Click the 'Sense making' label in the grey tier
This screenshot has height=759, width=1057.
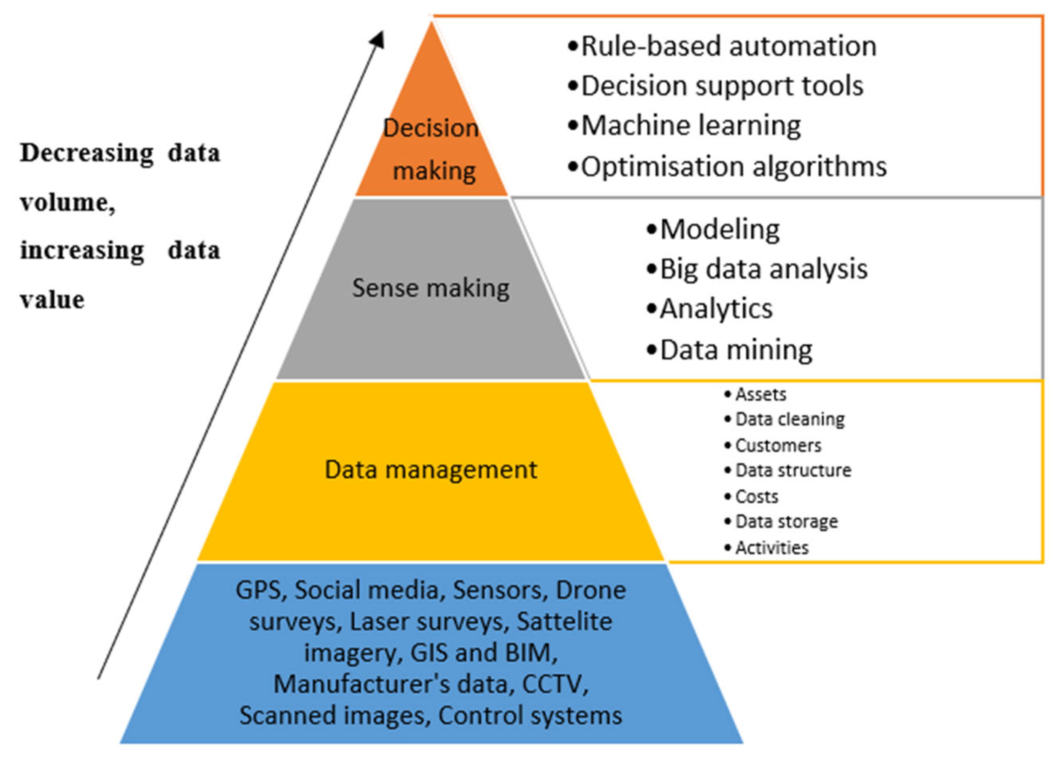tap(431, 288)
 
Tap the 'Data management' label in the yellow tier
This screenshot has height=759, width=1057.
tap(431, 469)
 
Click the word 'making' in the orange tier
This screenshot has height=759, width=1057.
tap(434, 171)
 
